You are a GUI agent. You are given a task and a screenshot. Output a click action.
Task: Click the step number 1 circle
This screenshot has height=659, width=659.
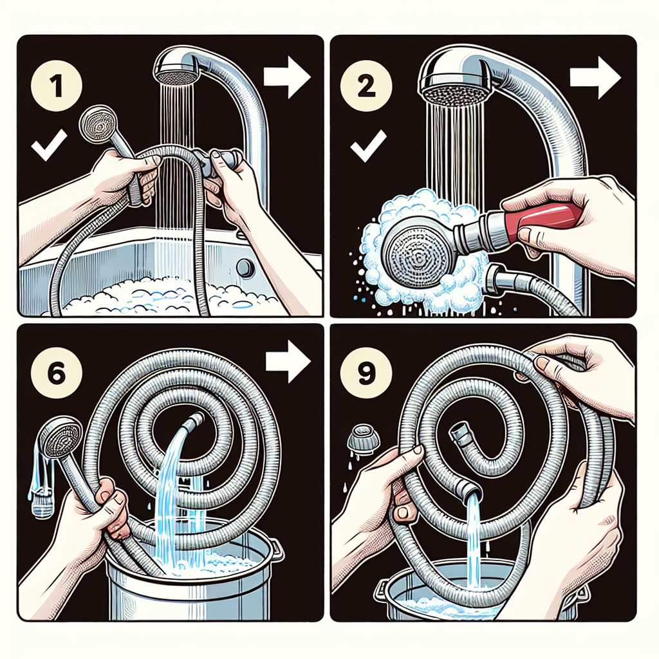(x=57, y=86)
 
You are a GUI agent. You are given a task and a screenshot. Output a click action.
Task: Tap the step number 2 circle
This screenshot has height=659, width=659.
(x=366, y=87)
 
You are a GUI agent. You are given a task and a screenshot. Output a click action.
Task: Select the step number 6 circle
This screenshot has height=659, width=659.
(x=57, y=373)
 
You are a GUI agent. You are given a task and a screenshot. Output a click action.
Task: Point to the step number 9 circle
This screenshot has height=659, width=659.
(x=366, y=373)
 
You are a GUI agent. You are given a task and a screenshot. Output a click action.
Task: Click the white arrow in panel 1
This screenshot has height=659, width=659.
(x=287, y=77)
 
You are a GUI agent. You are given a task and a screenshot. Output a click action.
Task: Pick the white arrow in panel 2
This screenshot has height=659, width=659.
(x=595, y=78)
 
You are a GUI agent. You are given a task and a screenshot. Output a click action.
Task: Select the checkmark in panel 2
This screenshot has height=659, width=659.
(x=368, y=145)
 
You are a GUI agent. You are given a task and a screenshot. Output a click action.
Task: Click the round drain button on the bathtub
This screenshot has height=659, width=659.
(x=245, y=268)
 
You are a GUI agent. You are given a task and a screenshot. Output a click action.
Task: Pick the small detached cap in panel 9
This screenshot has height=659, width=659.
(x=364, y=439)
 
